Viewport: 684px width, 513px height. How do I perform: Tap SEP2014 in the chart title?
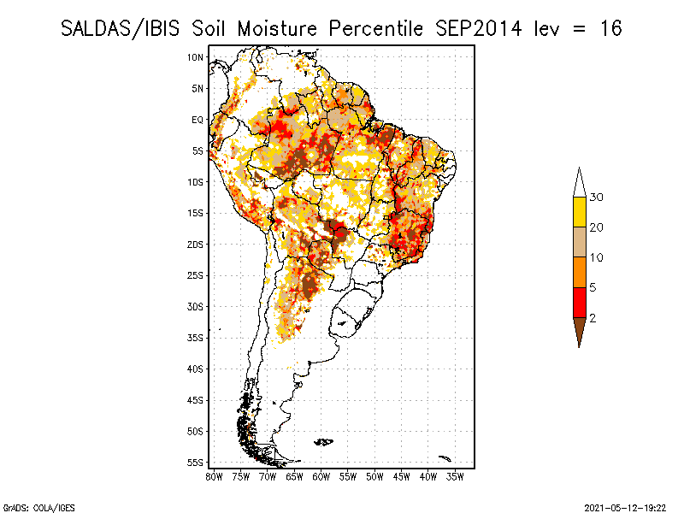point(479,28)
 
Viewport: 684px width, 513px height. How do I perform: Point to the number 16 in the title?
point(610,28)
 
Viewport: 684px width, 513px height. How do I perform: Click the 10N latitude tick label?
point(195,57)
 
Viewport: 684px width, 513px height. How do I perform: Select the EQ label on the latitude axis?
point(197,120)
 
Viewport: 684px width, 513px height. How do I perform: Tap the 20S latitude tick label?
point(195,244)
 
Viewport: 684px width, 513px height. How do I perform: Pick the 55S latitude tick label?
point(195,463)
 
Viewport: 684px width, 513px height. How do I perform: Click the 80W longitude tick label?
point(214,475)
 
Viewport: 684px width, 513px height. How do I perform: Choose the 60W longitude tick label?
point(321,475)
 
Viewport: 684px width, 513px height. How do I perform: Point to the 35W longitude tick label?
point(455,475)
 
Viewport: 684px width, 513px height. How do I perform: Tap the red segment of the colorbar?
point(579,303)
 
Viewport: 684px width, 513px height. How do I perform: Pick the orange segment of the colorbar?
point(579,273)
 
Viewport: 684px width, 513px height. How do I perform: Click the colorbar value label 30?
point(597,198)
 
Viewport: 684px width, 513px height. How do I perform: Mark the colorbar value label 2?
point(593,318)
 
